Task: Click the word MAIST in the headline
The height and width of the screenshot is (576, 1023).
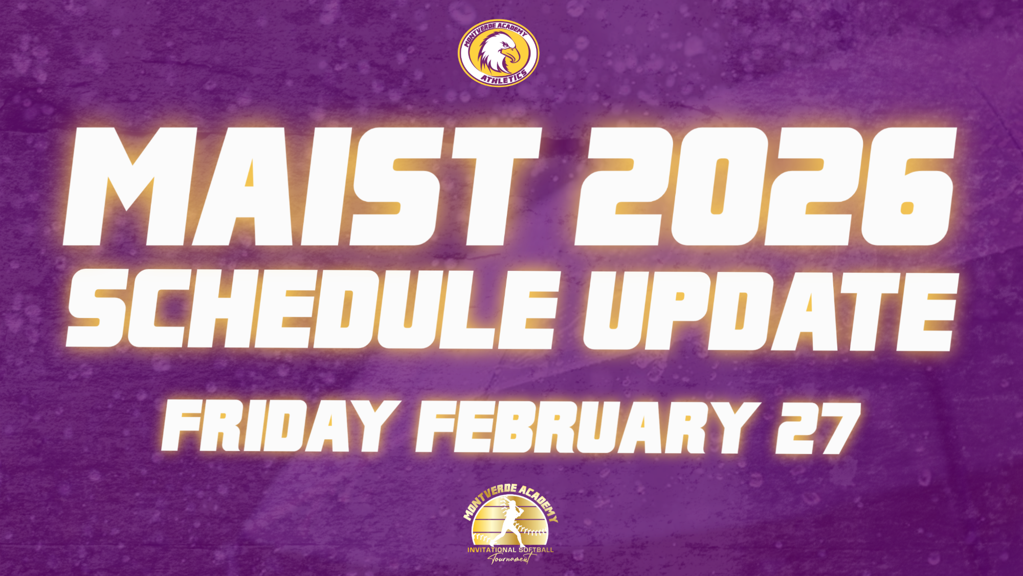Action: click(x=302, y=187)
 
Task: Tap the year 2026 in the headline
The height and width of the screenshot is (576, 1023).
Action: click(x=765, y=187)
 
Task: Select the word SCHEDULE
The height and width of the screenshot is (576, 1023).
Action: click(x=312, y=310)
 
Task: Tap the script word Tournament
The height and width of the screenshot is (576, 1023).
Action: click(x=510, y=559)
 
